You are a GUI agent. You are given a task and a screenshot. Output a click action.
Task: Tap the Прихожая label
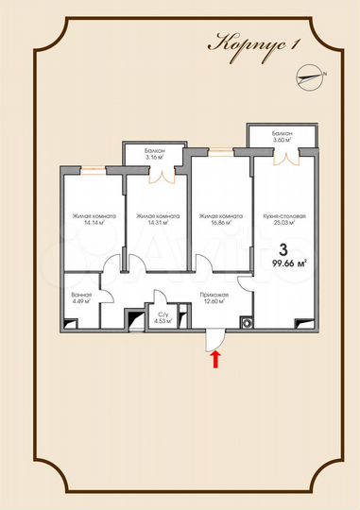214,296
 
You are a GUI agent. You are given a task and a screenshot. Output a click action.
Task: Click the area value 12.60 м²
214,303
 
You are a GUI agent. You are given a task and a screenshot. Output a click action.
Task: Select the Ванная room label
81,295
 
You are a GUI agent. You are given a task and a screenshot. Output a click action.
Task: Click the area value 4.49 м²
81,302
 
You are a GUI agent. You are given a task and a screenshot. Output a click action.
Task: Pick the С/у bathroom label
163,314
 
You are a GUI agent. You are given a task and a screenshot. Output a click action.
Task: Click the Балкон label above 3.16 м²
157,151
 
